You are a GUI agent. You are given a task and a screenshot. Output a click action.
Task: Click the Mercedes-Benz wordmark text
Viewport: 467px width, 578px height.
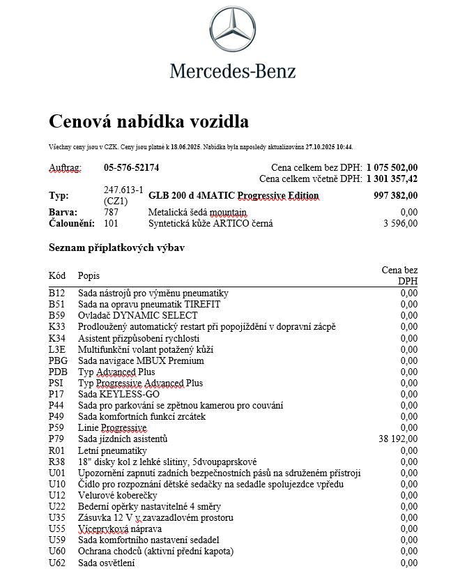[233, 70]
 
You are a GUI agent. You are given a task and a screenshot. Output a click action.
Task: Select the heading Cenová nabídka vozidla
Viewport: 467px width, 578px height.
[148, 121]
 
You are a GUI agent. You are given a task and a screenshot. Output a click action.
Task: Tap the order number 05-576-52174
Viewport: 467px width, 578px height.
[131, 168]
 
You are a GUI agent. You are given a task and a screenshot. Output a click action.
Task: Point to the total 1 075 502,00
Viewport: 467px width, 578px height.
[392, 167]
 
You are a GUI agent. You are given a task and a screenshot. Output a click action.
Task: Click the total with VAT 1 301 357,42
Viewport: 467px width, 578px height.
[392, 179]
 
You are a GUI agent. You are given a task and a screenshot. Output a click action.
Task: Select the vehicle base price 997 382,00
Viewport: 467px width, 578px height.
[395, 196]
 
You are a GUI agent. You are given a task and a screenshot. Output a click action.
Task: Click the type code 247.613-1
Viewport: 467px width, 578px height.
[123, 190]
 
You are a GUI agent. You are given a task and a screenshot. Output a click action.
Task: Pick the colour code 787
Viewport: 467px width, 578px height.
[111, 212]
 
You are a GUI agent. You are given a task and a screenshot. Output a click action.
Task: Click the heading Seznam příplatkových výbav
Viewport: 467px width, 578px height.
[116, 248]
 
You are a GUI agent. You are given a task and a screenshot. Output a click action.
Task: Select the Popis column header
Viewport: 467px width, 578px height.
[89, 275]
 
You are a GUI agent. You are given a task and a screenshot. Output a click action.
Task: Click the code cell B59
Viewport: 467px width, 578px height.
[56, 316]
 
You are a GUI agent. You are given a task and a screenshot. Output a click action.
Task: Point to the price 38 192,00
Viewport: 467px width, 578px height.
[397, 439]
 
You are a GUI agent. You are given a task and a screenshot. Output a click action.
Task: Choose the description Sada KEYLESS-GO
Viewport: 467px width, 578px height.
[118, 394]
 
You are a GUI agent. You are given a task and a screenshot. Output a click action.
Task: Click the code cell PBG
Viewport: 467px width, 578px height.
[58, 360]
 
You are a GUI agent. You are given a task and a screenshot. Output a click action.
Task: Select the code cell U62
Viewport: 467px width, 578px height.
[56, 563]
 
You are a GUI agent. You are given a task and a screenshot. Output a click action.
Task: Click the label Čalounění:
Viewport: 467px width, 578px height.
[68, 223]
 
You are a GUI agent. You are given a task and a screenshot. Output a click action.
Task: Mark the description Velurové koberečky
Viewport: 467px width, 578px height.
[118, 495]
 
